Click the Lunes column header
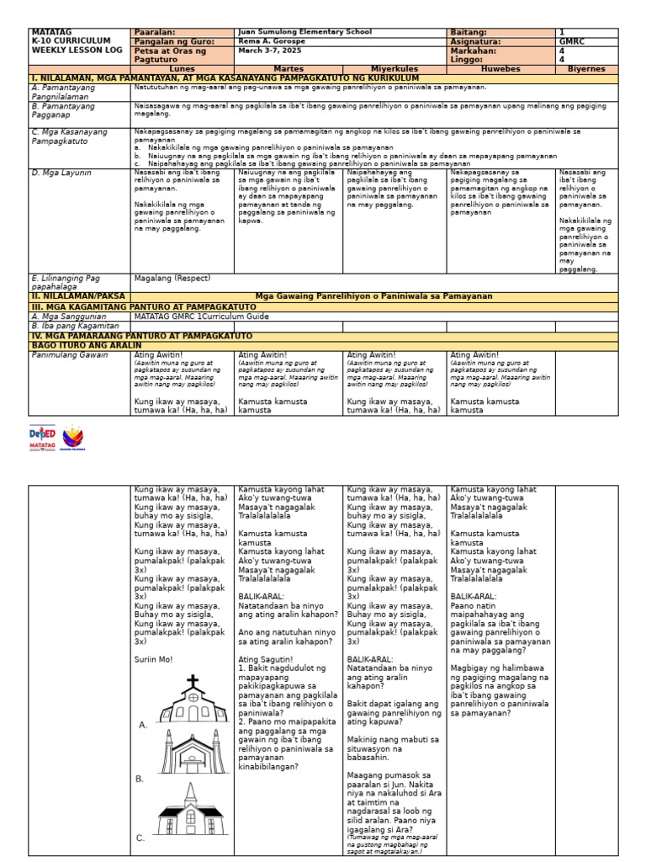[182, 69]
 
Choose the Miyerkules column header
[394, 69]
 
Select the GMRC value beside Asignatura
[569, 41]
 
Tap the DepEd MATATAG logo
[42, 435]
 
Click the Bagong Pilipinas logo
[73, 436]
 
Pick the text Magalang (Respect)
[172, 278]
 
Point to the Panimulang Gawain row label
[70, 355]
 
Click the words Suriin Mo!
[153, 659]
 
